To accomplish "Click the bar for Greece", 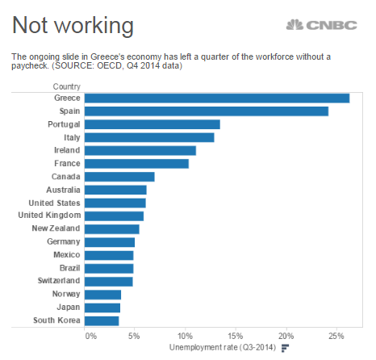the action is (217, 98).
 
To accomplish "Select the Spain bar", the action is (207, 111).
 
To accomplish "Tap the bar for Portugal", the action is (152, 124).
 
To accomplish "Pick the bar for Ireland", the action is (140, 151).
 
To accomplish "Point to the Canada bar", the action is (119, 177).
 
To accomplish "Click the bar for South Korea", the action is (102, 321).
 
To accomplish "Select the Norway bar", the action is (102, 295).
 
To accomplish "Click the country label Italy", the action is (72, 137).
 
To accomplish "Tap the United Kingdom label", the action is (49, 216).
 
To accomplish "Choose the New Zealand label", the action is (56, 228).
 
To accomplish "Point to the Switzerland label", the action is (59, 281).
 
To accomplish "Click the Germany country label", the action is (64, 241).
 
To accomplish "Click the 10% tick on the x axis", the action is (185, 337).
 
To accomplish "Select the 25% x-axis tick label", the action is (336, 337).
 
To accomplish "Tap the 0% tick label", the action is (91, 337).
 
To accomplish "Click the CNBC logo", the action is (322, 25).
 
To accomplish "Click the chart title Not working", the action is (73, 26).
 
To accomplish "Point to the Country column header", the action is (67, 86).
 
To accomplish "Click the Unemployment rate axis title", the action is (223, 347).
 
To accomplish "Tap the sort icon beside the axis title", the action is (285, 348).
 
